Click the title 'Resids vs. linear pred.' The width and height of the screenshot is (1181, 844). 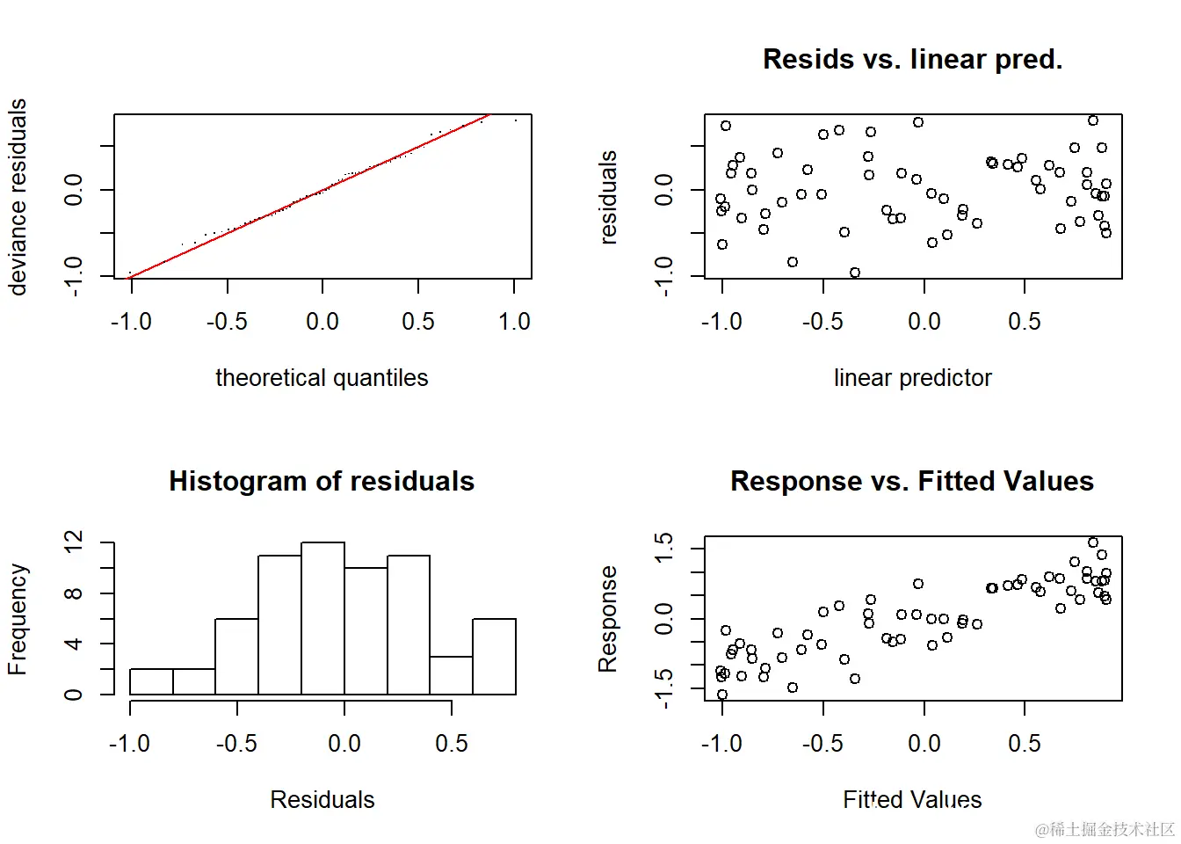[912, 59]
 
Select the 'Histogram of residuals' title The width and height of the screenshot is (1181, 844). [322, 481]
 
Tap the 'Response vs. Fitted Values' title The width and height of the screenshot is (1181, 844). [912, 481]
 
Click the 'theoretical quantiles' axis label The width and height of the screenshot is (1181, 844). [322, 378]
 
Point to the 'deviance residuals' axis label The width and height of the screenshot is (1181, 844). [18, 197]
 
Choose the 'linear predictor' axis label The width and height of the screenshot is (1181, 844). [912, 378]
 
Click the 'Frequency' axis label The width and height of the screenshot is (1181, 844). [18, 619]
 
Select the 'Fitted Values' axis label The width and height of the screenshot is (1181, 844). [912, 799]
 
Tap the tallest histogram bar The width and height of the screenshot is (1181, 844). [322, 619]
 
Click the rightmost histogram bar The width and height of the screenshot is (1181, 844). [494, 657]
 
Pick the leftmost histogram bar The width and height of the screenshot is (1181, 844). [151, 681]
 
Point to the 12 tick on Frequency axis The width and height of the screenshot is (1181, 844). [74, 542]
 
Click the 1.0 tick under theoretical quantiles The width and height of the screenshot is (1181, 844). [514, 322]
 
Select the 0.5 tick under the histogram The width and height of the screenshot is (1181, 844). [452, 744]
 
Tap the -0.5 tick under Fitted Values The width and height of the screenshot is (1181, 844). [822, 744]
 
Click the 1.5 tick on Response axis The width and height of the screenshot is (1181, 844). [664, 547]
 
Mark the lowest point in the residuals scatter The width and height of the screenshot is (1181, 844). [855, 273]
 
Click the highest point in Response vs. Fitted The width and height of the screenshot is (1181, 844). [1093, 542]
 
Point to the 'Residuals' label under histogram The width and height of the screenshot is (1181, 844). [322, 799]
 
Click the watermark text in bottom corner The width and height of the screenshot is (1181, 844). [1105, 829]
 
